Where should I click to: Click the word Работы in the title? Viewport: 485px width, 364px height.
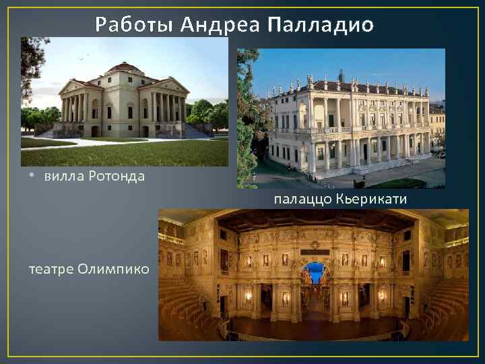(134, 25)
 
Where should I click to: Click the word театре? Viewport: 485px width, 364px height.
(51, 269)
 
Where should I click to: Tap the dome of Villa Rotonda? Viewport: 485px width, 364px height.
(125, 67)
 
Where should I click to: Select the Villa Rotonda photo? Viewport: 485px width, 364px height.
(125, 101)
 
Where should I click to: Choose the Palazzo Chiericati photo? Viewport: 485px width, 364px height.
(341, 118)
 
